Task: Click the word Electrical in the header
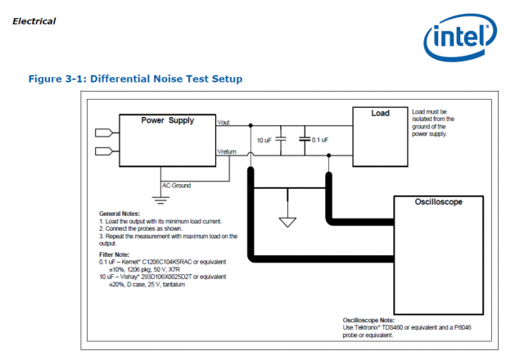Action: pos(34,20)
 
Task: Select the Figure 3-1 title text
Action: pos(135,79)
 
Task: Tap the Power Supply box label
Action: pos(167,120)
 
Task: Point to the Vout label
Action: pos(224,123)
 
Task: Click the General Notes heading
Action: pos(120,214)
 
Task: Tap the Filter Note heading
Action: pos(114,254)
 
